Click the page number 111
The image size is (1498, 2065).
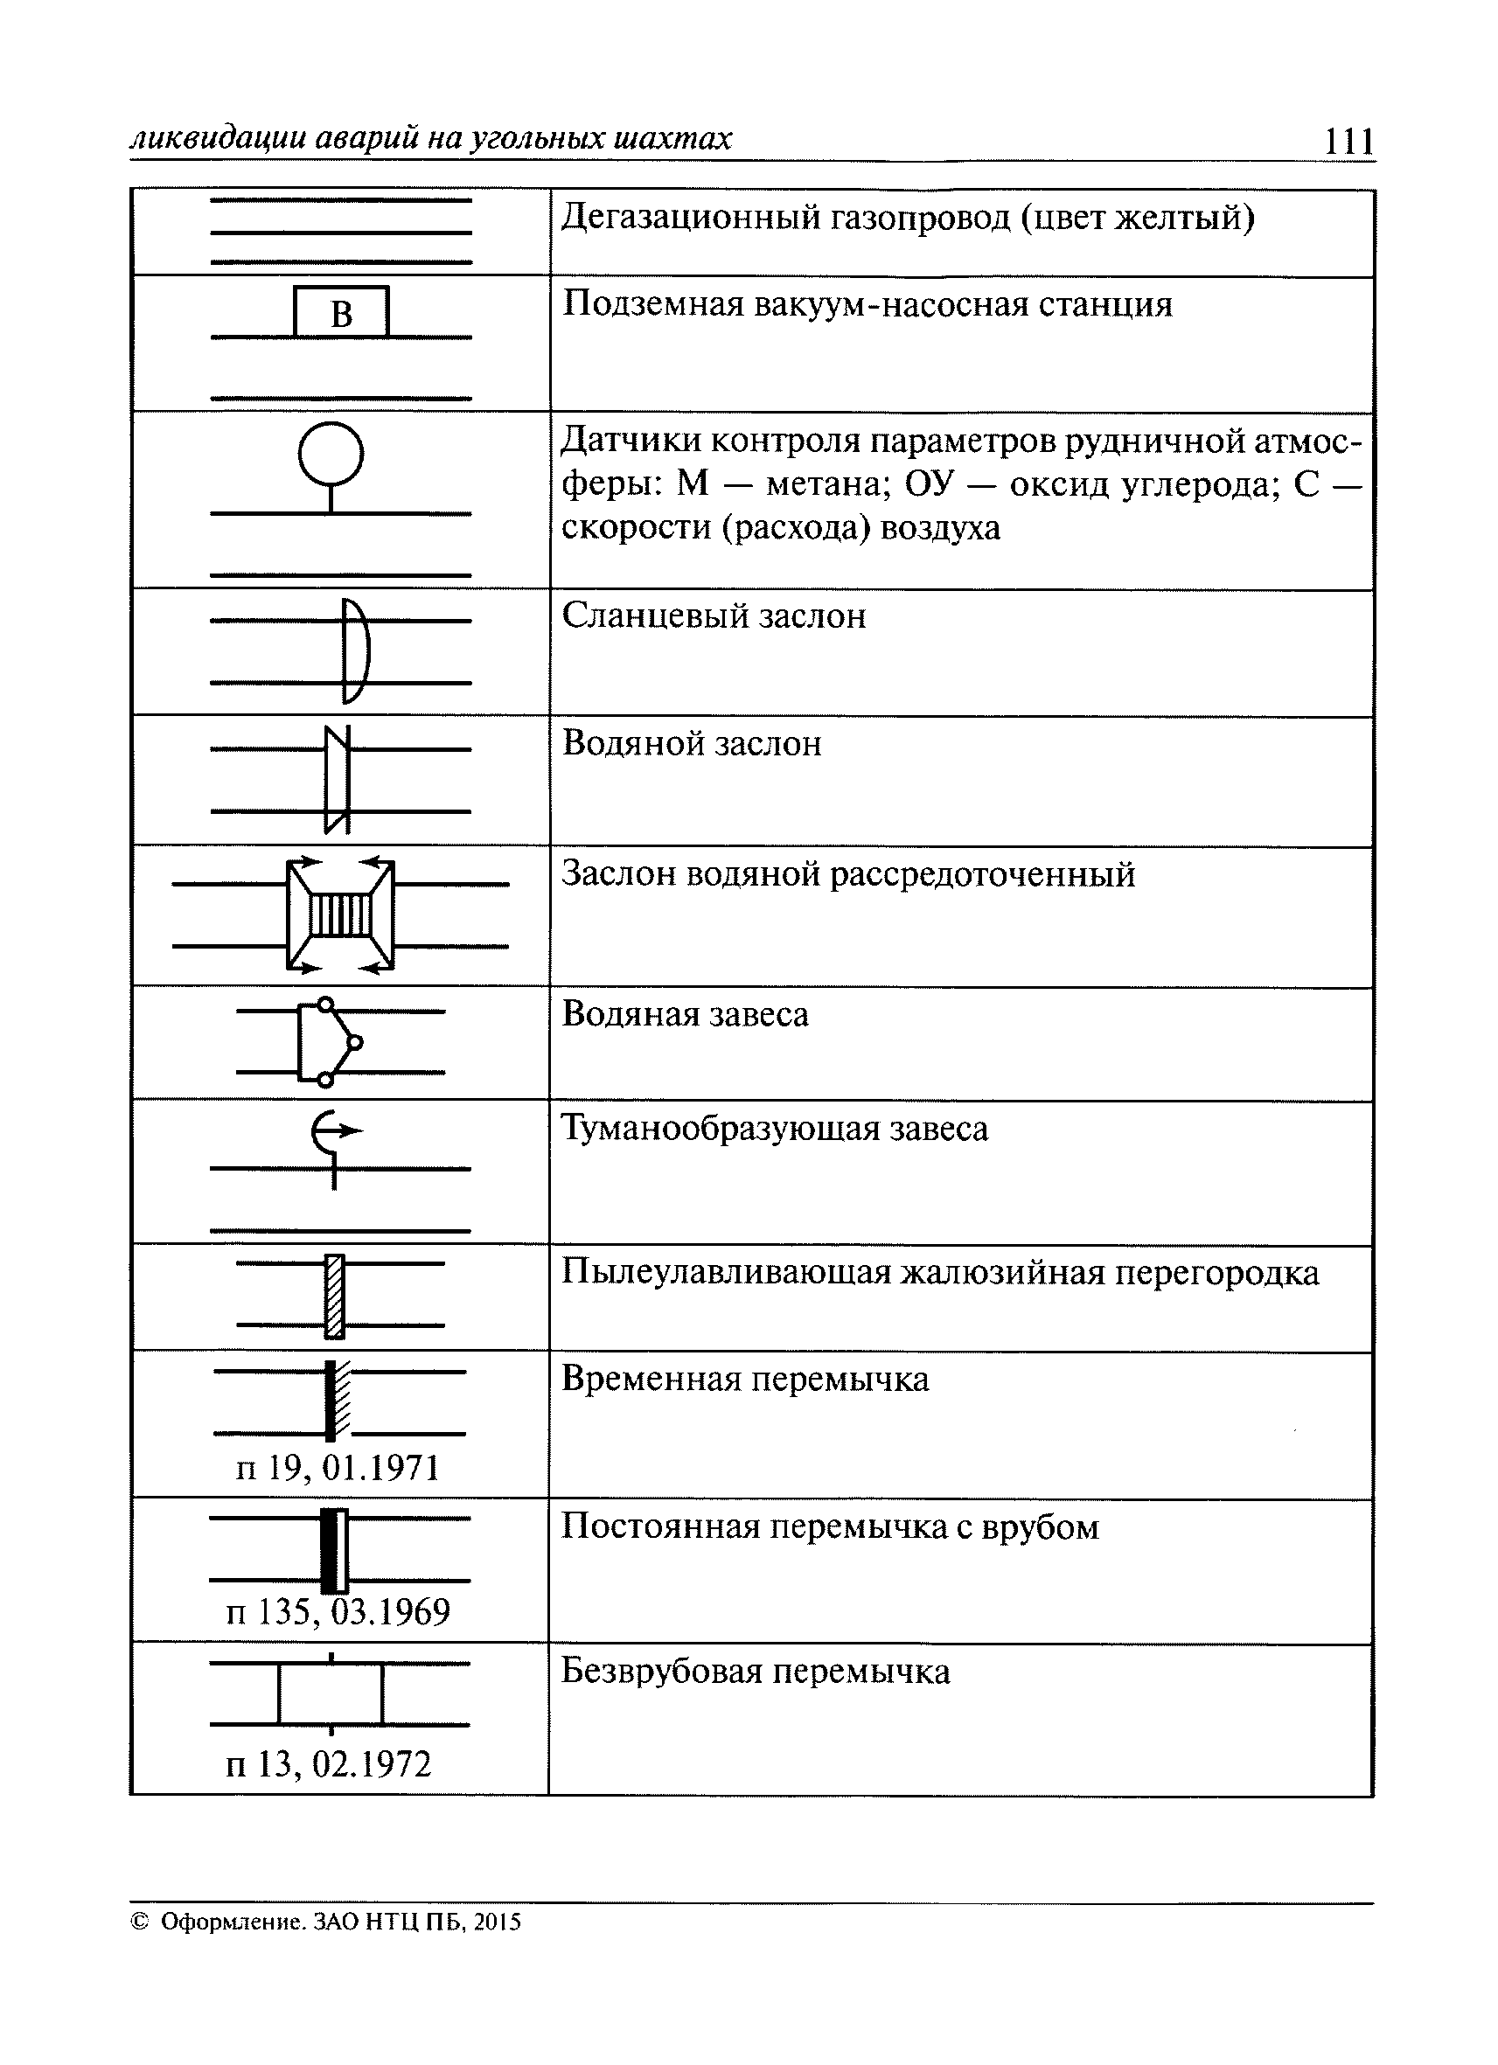(1348, 141)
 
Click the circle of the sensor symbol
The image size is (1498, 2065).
(331, 453)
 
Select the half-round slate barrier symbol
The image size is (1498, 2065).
(355, 651)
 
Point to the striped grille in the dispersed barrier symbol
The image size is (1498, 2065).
(340, 915)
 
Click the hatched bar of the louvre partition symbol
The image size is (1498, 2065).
(334, 1297)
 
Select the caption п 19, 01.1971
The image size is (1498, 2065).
(338, 1468)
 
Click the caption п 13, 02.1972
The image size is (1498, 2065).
(328, 1763)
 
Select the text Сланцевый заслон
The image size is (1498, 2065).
(713, 616)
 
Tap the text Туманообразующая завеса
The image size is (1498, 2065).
(774, 1129)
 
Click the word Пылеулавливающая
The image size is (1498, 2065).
(726, 1272)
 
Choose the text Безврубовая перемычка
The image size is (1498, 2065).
(755, 1672)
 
